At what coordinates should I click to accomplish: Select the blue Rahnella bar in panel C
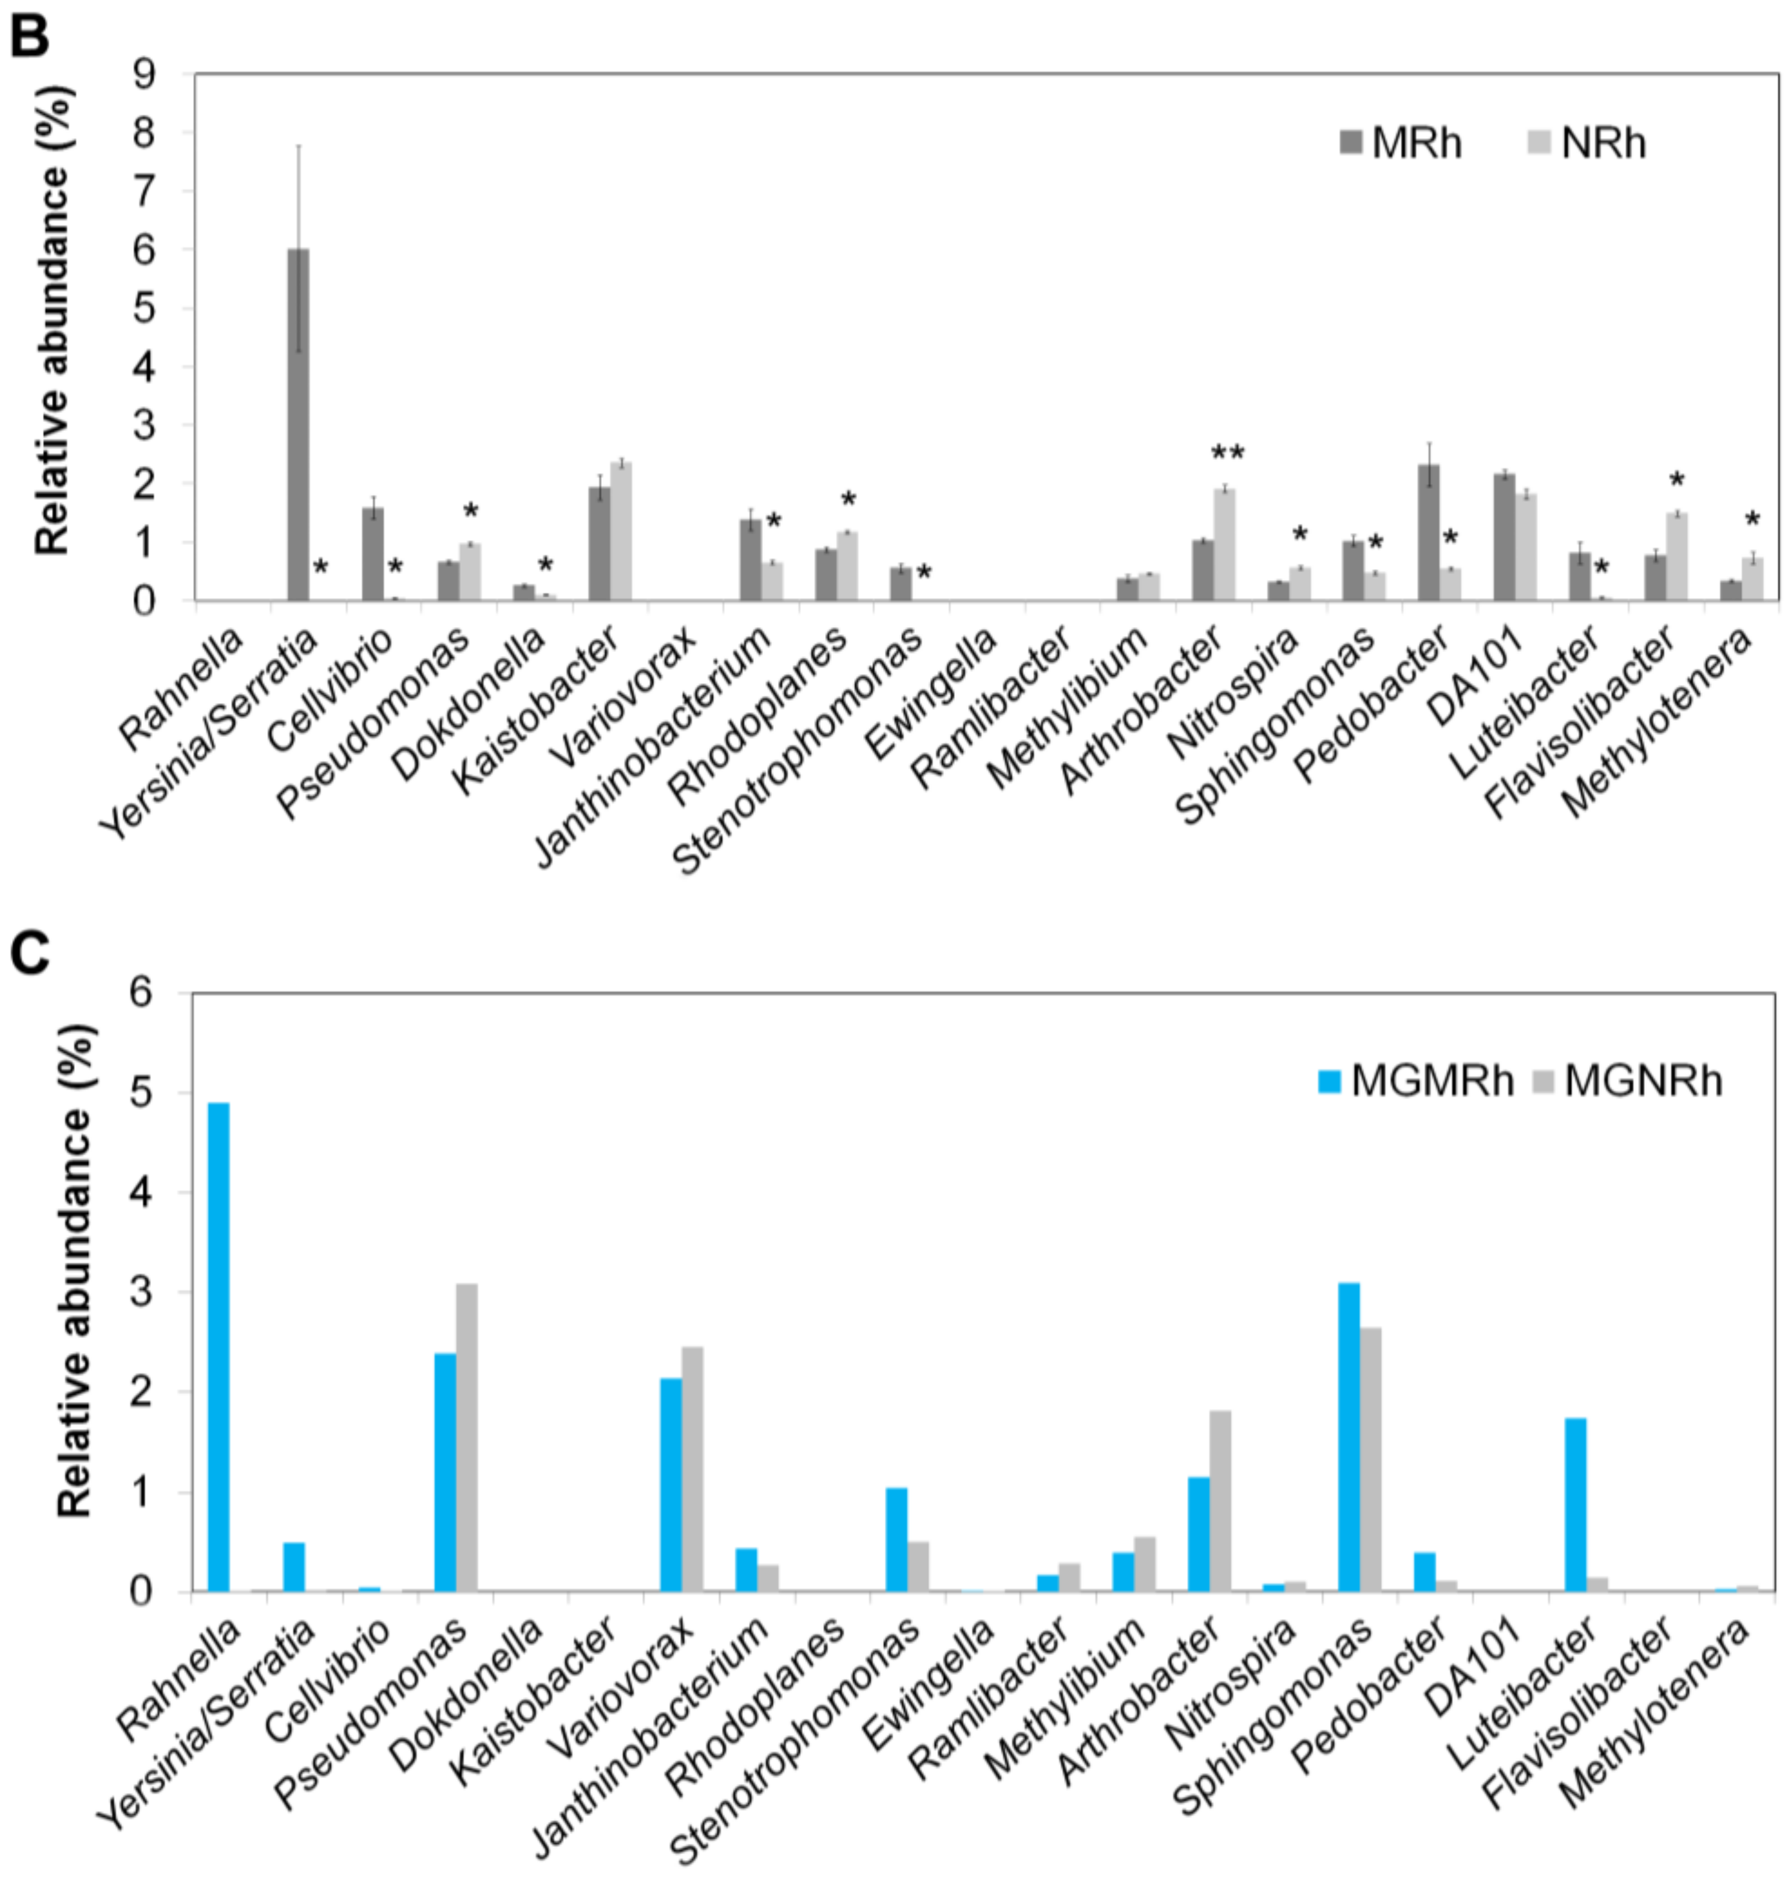point(219,1347)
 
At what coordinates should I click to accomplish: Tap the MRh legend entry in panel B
point(1401,144)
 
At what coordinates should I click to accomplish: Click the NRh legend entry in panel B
point(1588,144)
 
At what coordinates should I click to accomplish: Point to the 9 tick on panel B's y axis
point(145,74)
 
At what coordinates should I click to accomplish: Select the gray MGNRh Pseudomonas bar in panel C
point(466,1437)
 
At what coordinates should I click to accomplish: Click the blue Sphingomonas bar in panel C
point(1349,1437)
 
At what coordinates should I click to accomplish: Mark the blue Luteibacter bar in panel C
point(1575,1505)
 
